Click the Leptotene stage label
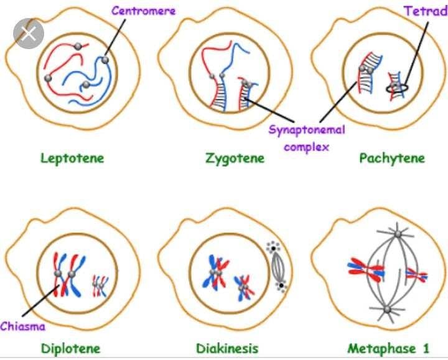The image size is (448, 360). (x=72, y=158)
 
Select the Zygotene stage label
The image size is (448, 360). (x=235, y=158)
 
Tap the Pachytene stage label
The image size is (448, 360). (x=392, y=158)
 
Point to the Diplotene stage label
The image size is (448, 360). (x=70, y=348)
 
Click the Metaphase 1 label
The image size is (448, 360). (x=388, y=348)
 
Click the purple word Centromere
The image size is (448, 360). (x=144, y=11)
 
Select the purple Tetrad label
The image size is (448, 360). (x=425, y=11)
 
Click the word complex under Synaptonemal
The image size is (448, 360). (x=306, y=147)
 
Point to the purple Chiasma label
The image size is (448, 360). (x=22, y=326)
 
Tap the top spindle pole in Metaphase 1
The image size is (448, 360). (x=397, y=234)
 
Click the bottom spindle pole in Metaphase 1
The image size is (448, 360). (x=386, y=309)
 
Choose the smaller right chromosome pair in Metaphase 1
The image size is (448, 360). (x=416, y=274)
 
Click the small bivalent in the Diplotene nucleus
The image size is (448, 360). (x=99, y=286)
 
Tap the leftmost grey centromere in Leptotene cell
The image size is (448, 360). (x=47, y=78)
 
